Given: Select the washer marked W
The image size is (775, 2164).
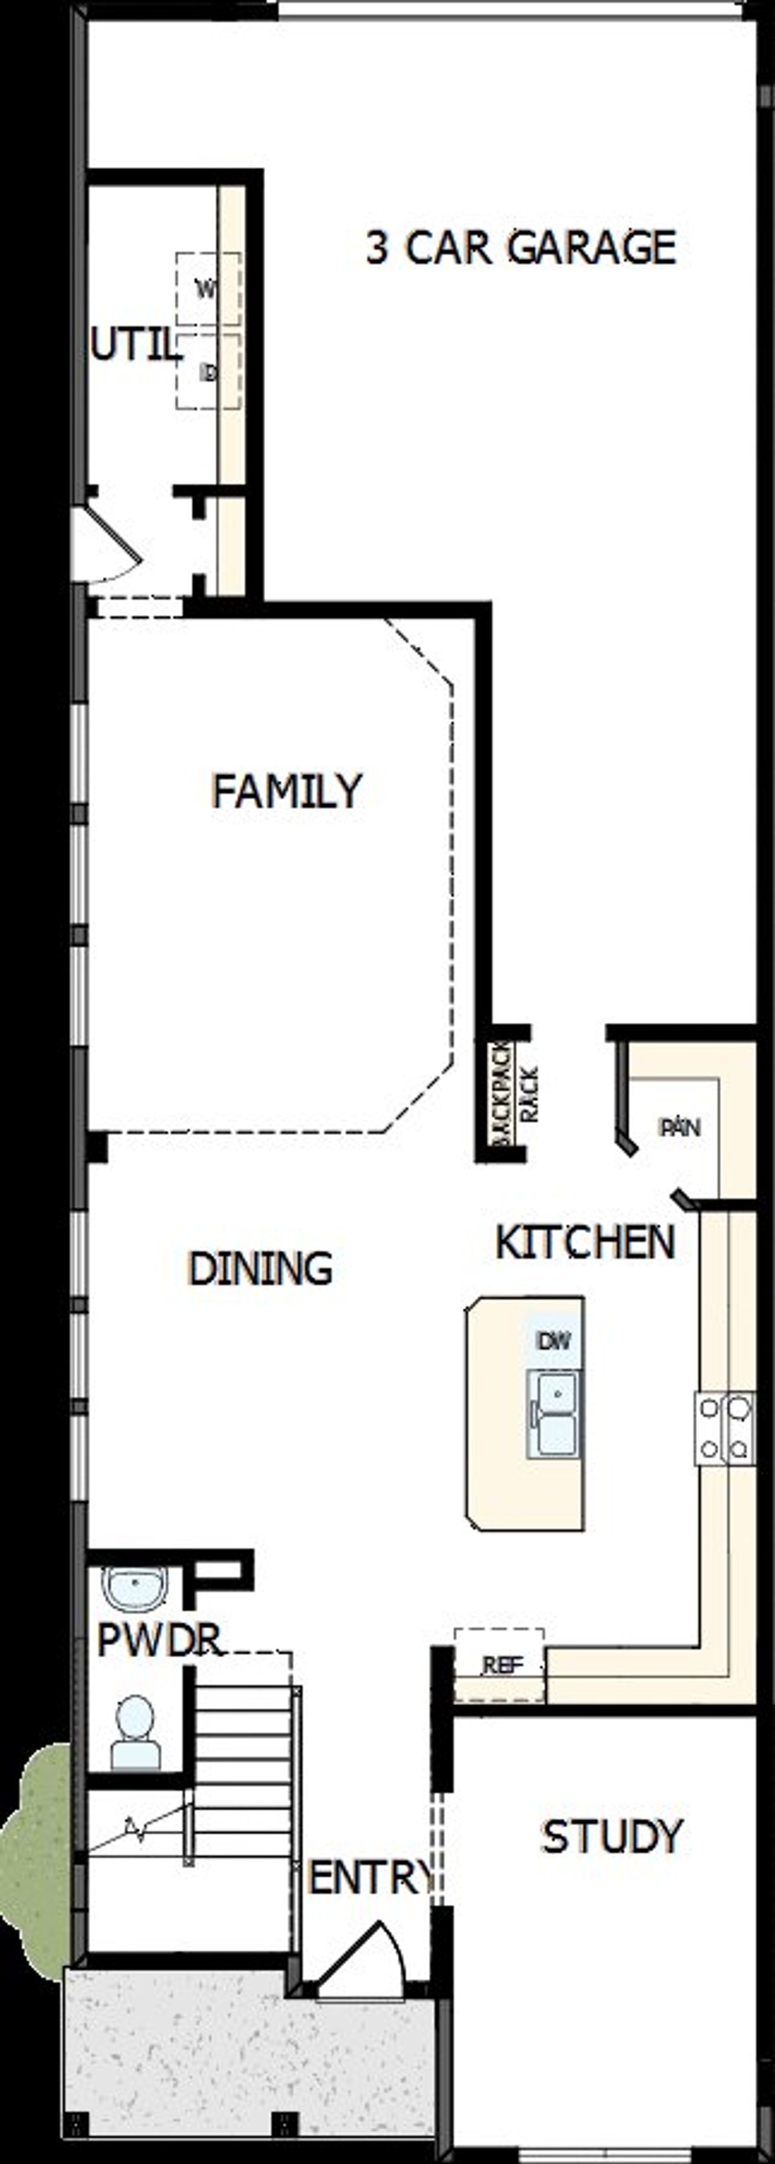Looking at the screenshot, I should [x=207, y=289].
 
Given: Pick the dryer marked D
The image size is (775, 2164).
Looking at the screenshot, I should [x=207, y=371].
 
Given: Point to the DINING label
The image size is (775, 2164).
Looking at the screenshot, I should [x=260, y=1268].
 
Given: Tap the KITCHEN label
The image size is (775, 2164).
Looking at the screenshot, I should [x=585, y=1242].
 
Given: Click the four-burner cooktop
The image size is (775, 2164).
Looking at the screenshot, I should [x=724, y=1428].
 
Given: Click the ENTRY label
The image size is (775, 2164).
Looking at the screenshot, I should [x=371, y=1879].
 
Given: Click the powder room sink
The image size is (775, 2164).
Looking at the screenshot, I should [x=134, y=1586].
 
